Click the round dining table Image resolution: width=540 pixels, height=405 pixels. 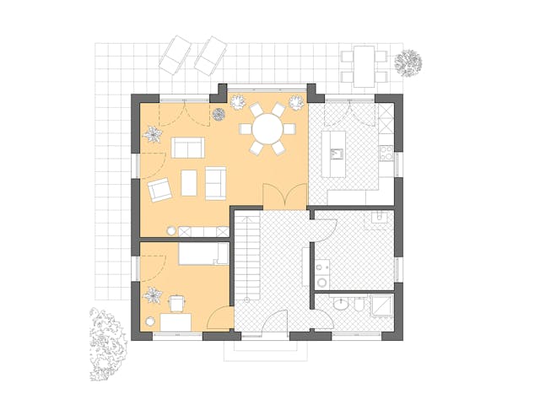267,129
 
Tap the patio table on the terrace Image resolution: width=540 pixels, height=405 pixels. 364,66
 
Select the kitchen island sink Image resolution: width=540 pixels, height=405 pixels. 337,154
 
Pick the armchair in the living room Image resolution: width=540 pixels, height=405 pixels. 159,190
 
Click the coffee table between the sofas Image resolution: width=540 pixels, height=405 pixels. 189,182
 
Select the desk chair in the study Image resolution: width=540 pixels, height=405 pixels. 177,303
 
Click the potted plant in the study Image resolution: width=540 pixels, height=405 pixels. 154,294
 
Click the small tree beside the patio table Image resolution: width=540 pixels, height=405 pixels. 409,62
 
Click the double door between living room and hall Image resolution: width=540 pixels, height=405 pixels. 278,195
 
